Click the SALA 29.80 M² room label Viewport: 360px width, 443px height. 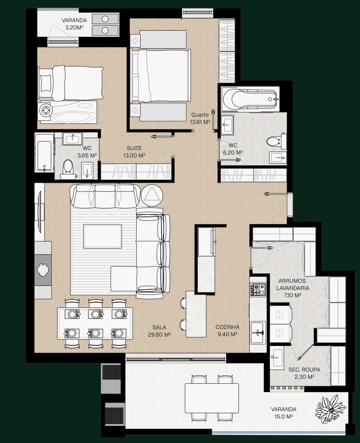click(x=159, y=331)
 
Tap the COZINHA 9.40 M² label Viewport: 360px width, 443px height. click(x=227, y=331)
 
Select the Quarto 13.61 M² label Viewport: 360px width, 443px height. click(x=200, y=118)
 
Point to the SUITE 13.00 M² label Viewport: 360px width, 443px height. click(x=134, y=152)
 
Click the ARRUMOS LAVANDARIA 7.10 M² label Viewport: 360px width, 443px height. click(x=292, y=288)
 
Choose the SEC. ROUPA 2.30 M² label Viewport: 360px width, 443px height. click(x=304, y=373)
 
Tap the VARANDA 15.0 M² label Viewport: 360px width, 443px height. click(x=284, y=413)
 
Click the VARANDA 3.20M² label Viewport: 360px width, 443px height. click(x=74, y=24)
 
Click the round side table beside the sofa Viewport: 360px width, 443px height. click(x=152, y=195)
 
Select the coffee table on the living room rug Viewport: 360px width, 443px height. click(x=102, y=236)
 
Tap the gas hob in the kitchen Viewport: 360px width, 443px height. click(x=258, y=289)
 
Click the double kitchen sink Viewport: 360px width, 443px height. click(x=258, y=332)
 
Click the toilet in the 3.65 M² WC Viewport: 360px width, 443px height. click(x=68, y=169)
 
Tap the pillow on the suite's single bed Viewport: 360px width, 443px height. click(x=46, y=83)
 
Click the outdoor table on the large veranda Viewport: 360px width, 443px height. click(x=212, y=398)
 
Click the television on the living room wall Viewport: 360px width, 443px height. click(x=39, y=212)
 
